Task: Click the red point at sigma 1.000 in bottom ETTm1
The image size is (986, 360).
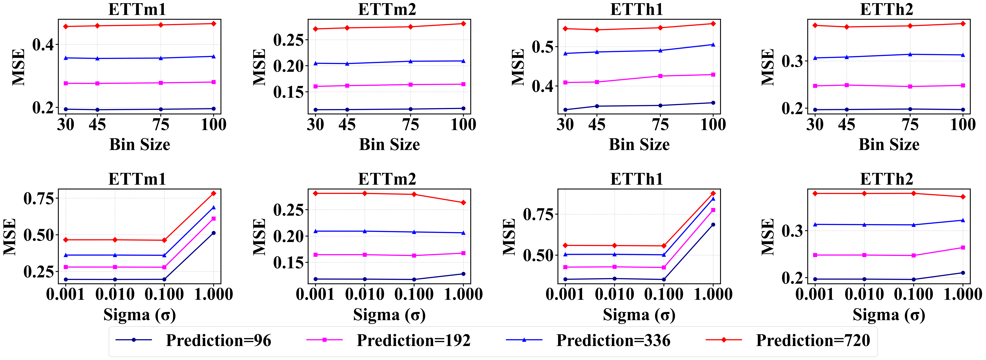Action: pyautogui.click(x=214, y=194)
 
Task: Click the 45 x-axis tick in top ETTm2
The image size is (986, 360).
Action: pyautogui.click(x=347, y=124)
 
